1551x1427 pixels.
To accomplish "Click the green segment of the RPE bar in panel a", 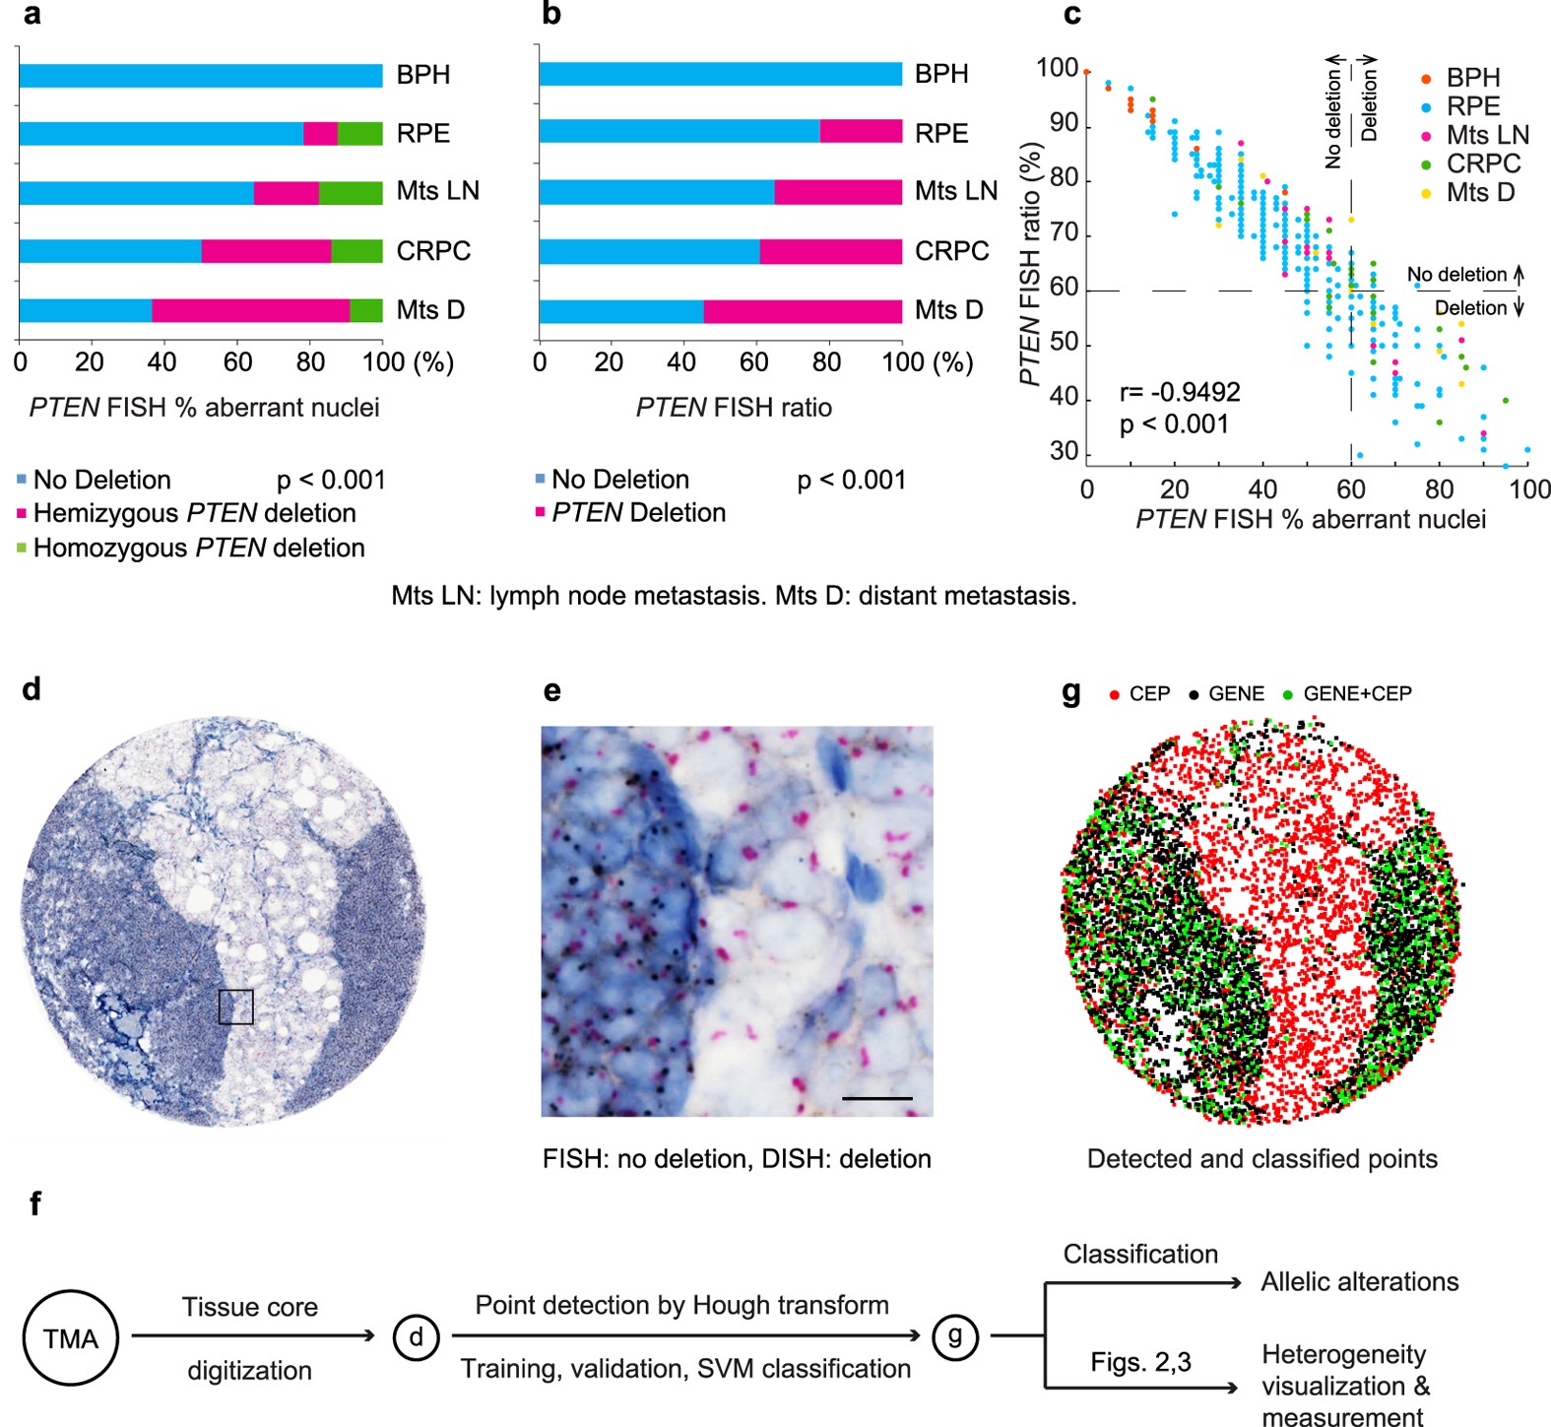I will point(359,134).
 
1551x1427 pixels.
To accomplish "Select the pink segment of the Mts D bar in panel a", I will point(251,310).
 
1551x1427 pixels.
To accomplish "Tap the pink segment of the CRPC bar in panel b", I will point(830,252).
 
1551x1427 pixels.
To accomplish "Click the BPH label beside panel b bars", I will point(941,74).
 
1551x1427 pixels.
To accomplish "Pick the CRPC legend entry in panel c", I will point(1482,163).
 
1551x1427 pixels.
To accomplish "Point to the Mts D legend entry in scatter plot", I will point(1479,193).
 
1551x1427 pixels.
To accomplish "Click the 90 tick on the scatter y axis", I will point(1064,124).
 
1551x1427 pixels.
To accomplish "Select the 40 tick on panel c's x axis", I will point(1262,489).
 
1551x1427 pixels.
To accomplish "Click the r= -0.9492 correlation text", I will point(1180,392).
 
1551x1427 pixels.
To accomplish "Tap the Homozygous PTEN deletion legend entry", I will point(197,549).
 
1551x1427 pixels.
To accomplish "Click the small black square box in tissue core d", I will point(235,1006).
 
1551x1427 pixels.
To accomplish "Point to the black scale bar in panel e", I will point(876,1097).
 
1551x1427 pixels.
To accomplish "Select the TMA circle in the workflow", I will point(71,1338).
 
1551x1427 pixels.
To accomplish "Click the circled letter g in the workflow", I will point(954,1336).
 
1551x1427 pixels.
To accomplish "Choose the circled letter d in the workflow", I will point(417,1336).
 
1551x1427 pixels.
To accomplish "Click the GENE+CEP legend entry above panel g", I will point(1355,694).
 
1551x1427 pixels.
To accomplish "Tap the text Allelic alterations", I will point(1359,1282).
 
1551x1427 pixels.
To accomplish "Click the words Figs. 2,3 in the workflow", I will point(1140,1363).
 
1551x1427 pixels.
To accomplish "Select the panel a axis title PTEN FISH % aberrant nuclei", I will point(204,408).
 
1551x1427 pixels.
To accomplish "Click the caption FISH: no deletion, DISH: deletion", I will point(737,1159).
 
